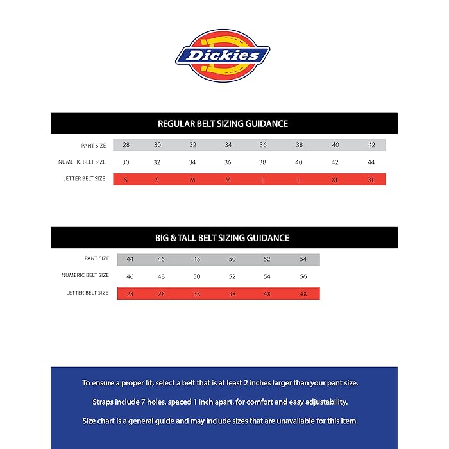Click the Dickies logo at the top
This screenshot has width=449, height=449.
click(x=223, y=55)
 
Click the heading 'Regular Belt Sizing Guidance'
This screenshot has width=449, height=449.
click(x=223, y=124)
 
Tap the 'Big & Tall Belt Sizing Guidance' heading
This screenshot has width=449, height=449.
click(x=223, y=238)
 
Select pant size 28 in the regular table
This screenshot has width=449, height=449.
click(x=126, y=145)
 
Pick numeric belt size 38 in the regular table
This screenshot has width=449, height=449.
click(x=263, y=162)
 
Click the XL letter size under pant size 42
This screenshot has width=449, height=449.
click(x=371, y=180)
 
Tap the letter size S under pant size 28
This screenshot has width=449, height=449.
click(x=126, y=180)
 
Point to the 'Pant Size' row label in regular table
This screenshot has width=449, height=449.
click(x=94, y=146)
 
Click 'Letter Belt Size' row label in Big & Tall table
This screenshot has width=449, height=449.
click(x=87, y=293)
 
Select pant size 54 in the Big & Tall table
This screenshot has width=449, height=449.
click(x=303, y=259)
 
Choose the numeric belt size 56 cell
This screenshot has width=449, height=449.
click(x=303, y=276)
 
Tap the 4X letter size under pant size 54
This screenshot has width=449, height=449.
click(x=303, y=294)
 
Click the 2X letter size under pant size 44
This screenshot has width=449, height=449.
click(x=130, y=294)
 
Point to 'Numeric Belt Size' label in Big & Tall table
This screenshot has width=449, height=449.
click(x=85, y=276)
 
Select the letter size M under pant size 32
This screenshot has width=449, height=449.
click(x=192, y=180)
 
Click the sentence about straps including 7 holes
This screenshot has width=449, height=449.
click(x=223, y=402)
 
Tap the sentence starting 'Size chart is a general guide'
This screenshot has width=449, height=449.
click(x=223, y=421)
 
